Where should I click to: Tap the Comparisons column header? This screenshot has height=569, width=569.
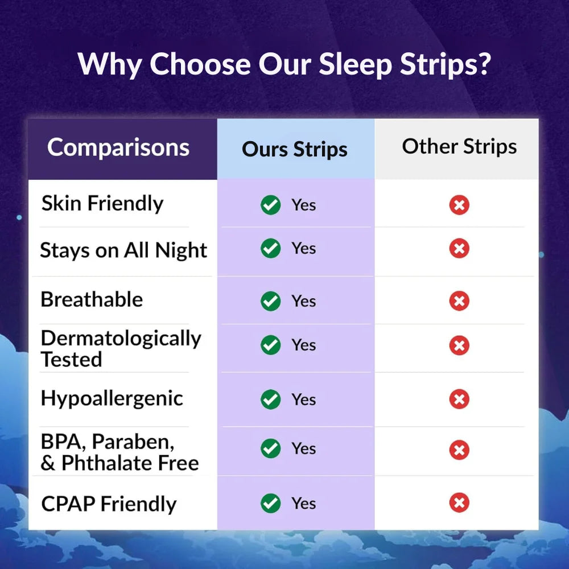[x=118, y=147]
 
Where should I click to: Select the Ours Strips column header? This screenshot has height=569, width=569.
[x=295, y=150]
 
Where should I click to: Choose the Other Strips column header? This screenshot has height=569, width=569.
[x=459, y=146]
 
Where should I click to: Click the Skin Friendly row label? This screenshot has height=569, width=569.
[x=102, y=203]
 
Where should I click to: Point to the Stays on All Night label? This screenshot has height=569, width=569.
[x=123, y=250]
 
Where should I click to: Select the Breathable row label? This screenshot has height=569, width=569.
[x=92, y=299]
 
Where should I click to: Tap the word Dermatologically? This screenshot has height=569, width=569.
[x=121, y=339]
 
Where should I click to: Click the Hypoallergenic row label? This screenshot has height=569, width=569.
[x=112, y=398]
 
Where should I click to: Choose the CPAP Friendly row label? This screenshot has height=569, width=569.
[x=109, y=504]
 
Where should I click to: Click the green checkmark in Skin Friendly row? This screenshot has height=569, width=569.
[x=271, y=205]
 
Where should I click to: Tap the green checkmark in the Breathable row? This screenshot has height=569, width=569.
[x=271, y=301]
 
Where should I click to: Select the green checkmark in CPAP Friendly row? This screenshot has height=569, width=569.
[x=271, y=503]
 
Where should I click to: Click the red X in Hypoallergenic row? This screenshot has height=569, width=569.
[x=459, y=399]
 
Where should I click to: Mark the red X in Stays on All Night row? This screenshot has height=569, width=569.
[x=459, y=249]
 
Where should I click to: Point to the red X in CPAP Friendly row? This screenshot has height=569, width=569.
[x=459, y=503]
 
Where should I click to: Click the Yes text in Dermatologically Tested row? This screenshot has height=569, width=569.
[x=303, y=345]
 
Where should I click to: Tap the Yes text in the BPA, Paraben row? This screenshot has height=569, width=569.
[x=303, y=448]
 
